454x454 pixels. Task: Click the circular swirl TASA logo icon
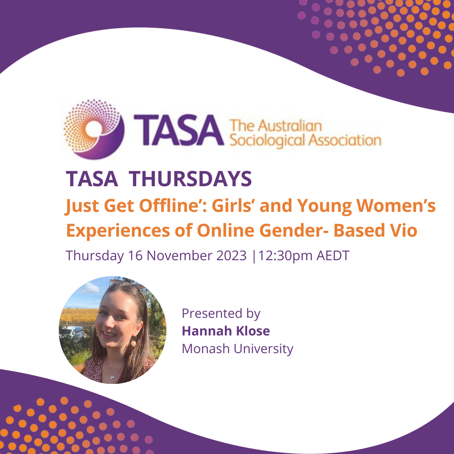(x=94, y=128)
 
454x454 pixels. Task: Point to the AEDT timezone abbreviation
(x=334, y=256)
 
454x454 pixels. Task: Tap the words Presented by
(x=221, y=314)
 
